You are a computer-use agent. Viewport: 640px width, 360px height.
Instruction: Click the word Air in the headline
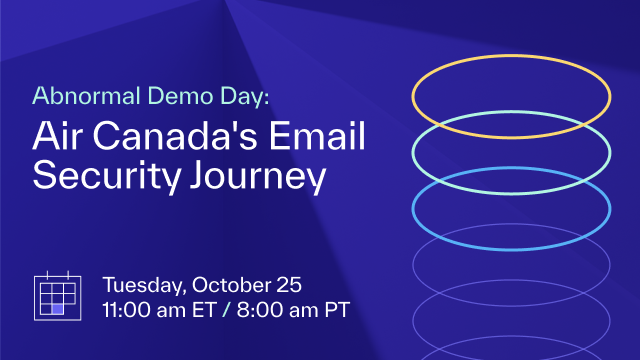coord(57,137)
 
